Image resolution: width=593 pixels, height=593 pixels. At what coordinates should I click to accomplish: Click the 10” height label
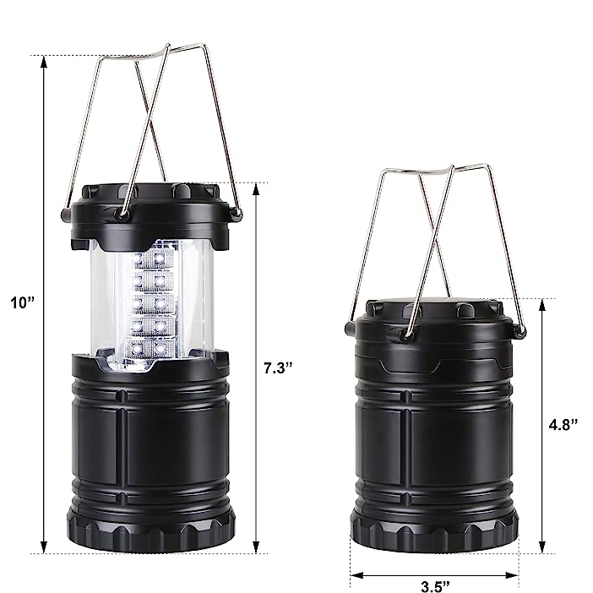click(19, 302)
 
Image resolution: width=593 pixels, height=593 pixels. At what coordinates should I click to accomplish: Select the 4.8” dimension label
click(562, 425)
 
